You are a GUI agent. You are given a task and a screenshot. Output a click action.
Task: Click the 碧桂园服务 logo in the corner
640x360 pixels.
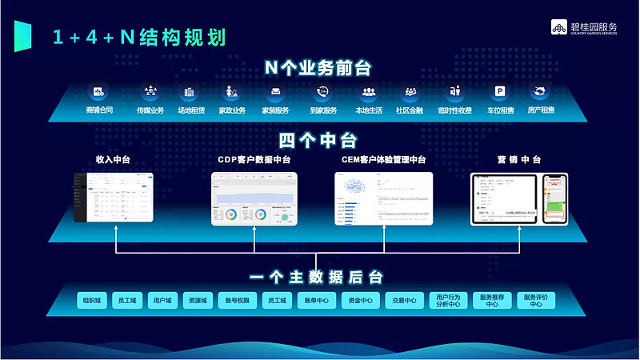point(594,26)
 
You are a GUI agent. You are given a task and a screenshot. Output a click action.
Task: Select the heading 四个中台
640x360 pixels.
point(318,141)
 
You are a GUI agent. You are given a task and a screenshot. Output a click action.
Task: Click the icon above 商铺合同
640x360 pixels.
point(99,92)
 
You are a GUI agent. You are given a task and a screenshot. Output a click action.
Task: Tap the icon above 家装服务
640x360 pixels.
point(276,92)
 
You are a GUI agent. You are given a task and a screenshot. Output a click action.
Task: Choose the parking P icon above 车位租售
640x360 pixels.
point(500,92)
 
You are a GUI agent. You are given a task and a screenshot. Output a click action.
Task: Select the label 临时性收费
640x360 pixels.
point(455,110)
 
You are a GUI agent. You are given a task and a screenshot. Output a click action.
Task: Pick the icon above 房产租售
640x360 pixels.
point(542,92)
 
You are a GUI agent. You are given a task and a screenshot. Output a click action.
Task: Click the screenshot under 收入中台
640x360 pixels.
point(113,197)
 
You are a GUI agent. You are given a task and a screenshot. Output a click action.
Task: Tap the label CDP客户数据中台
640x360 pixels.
point(254,160)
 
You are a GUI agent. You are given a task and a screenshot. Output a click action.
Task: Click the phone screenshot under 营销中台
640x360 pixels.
point(554,199)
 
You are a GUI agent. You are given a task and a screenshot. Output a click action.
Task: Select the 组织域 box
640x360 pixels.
point(83,301)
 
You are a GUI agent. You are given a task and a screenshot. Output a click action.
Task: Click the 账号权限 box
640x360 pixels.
point(238,301)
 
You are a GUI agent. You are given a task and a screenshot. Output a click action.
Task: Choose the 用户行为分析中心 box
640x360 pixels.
point(447,301)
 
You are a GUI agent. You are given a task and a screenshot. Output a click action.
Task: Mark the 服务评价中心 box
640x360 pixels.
point(536,301)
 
